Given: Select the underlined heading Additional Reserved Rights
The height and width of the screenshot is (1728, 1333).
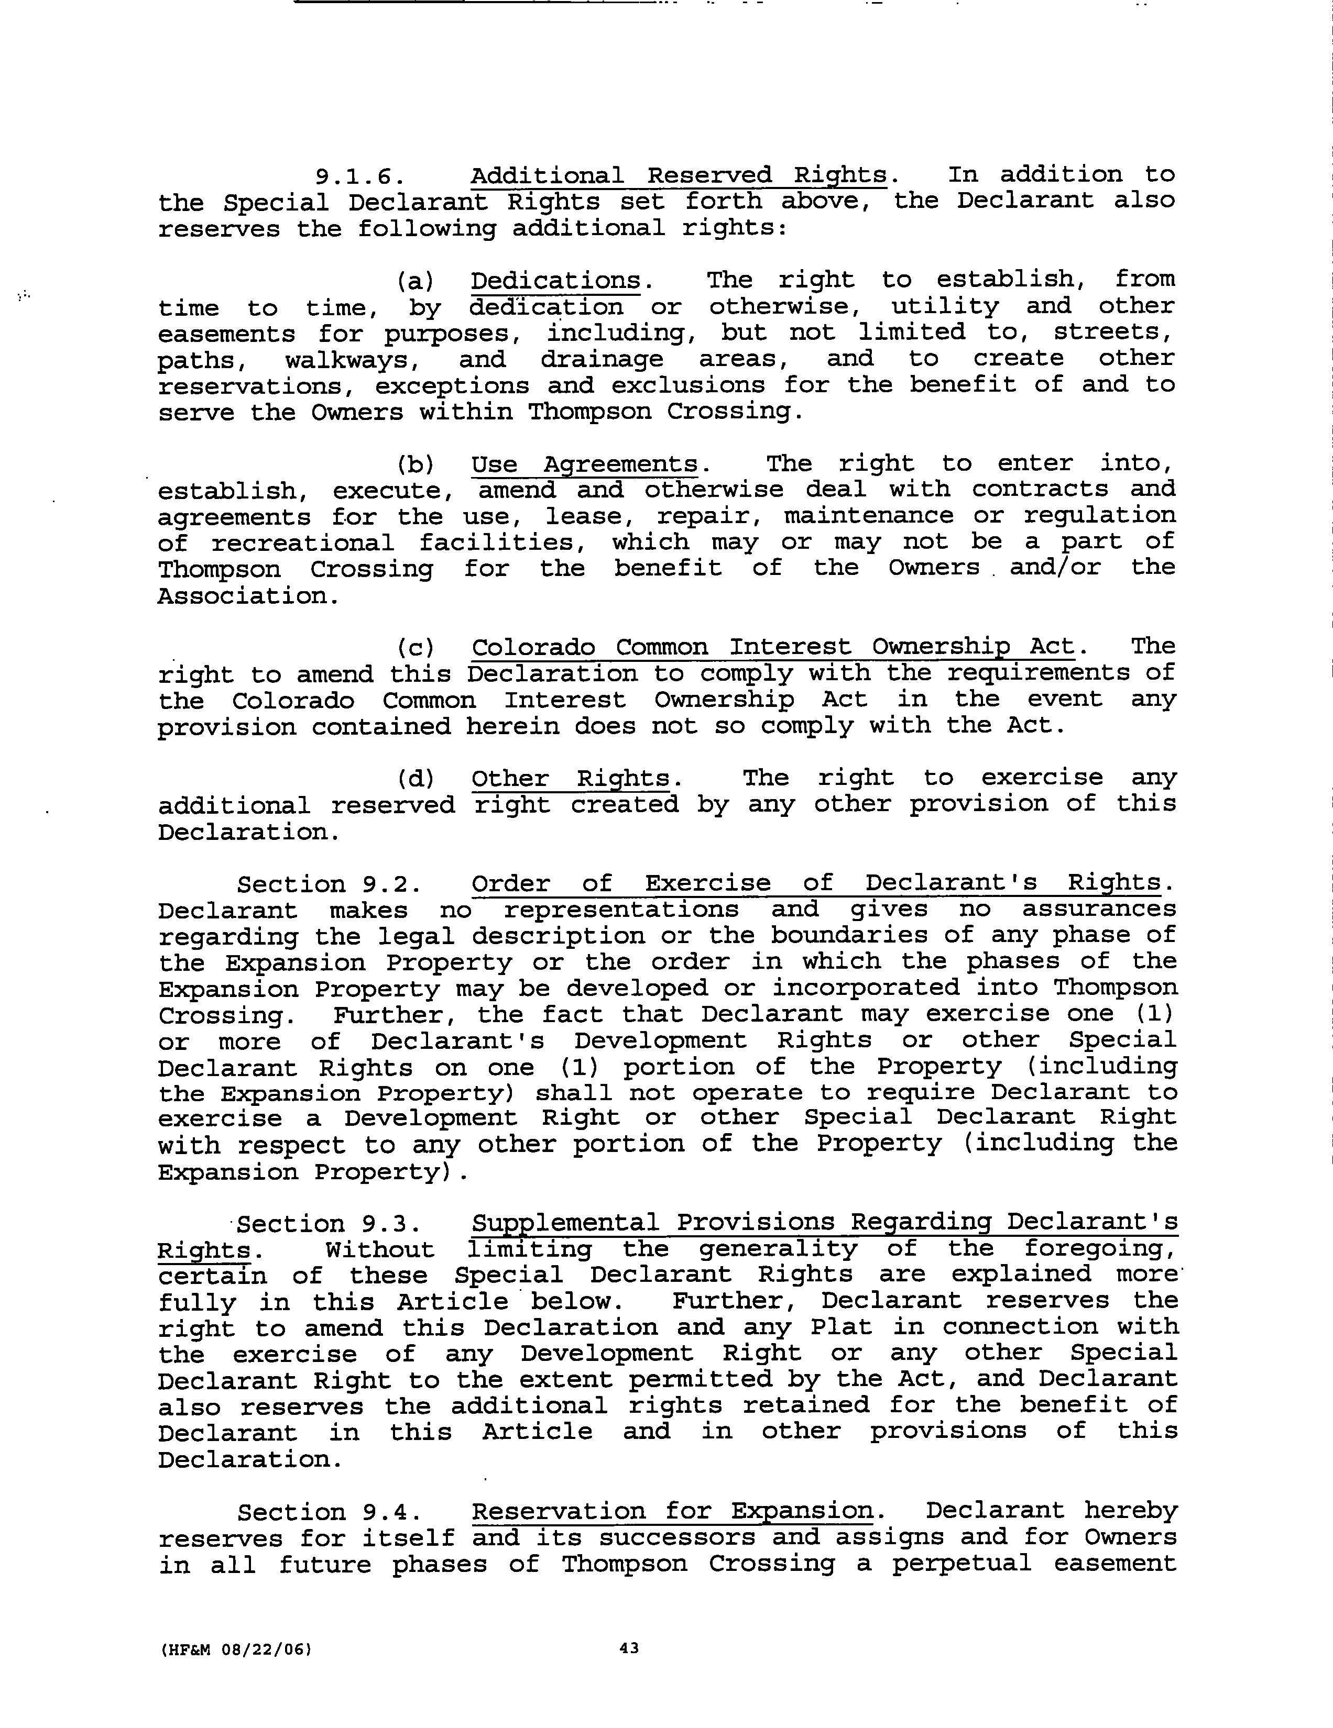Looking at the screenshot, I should tap(679, 175).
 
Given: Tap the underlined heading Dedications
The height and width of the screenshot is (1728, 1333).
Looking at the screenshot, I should tap(556, 281).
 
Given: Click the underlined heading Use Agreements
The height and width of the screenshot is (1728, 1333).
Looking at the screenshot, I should tap(584, 464).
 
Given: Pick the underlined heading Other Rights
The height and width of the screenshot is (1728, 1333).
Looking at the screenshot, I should tap(571, 779).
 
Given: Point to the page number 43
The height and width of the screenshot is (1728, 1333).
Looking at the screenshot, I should tap(629, 1648).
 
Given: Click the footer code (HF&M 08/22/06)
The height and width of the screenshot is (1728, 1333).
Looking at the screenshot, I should tap(236, 1649).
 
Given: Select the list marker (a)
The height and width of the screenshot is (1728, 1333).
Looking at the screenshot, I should tap(416, 281).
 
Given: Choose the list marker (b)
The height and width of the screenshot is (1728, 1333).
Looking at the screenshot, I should tap(416, 464).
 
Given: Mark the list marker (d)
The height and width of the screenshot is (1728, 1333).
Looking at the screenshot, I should tap(416, 779).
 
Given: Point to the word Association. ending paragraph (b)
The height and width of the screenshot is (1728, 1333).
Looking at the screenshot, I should tap(248, 596).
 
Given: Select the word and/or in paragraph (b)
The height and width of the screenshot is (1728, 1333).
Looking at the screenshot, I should tap(1054, 568).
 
